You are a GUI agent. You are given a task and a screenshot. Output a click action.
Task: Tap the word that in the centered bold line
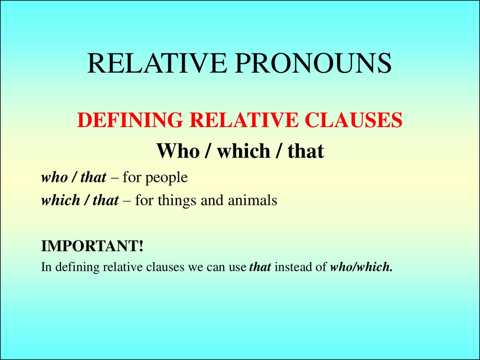(305, 151)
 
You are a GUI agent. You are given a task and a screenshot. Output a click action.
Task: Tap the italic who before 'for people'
(54, 178)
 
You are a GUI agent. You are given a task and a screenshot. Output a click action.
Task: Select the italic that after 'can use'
(260, 268)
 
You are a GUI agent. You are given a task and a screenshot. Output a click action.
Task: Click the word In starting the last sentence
(46, 268)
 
